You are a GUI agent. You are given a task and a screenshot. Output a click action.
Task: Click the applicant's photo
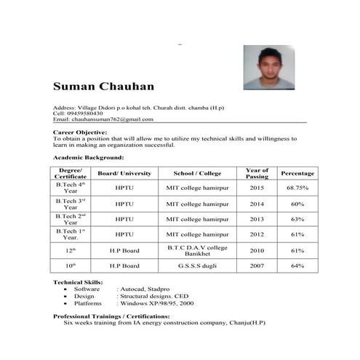268,68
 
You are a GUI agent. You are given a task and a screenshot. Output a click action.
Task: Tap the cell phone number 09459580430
86,113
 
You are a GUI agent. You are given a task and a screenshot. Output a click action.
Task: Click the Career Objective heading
81,132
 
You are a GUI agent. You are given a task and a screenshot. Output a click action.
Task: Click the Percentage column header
297,174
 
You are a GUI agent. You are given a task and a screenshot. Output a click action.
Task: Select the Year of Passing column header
257,174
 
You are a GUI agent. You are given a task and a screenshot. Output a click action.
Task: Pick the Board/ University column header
124,174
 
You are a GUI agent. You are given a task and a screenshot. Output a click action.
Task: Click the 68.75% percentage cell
297,188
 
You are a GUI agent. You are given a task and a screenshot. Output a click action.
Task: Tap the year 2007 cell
257,266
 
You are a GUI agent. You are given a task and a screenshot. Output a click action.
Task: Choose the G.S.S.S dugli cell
198,266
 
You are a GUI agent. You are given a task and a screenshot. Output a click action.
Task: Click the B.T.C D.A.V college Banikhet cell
198,250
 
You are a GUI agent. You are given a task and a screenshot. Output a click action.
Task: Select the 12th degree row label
71,250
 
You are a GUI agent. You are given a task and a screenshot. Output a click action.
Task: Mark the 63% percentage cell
297,219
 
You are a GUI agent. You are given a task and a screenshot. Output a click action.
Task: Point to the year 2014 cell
257,204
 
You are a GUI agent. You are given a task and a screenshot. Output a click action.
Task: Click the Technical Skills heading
78,281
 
